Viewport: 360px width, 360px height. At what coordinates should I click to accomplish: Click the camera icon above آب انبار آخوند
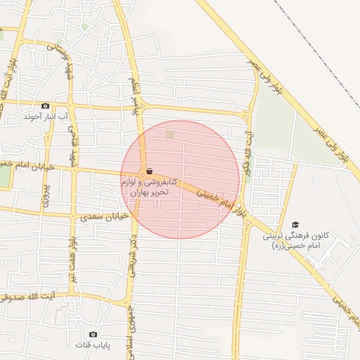point(46,105)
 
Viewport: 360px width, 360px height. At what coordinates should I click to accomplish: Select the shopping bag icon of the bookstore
point(149,171)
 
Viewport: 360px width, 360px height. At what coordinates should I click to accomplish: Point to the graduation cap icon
point(295,225)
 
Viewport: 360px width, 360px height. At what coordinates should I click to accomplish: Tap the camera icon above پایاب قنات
point(93,334)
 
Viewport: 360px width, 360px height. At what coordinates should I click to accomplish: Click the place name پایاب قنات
point(93,345)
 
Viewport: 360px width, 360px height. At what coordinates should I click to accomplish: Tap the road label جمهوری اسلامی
point(131,330)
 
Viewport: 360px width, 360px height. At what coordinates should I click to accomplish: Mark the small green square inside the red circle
point(169,134)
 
